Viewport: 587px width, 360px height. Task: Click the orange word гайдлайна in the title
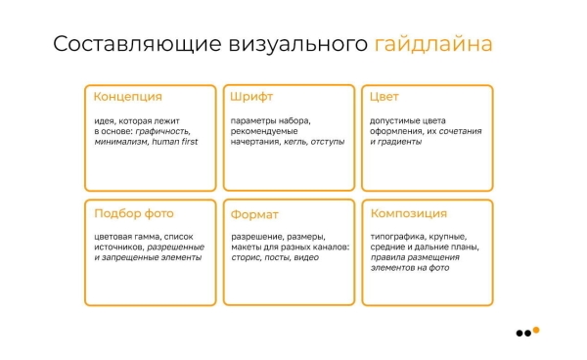coord(433,45)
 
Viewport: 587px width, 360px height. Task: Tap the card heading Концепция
coord(127,97)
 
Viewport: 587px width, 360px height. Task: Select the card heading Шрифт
coord(251,97)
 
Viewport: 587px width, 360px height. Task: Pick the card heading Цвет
coord(384,97)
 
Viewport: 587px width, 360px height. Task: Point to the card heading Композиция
coord(409,213)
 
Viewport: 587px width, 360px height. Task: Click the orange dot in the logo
coord(535,330)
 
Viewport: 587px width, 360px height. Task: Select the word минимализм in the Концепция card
coord(120,142)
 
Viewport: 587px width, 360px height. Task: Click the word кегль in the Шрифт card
coord(293,142)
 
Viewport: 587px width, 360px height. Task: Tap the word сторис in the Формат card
coord(248,258)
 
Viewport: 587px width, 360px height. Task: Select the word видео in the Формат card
coord(306,258)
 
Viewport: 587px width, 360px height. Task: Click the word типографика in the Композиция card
coord(401,237)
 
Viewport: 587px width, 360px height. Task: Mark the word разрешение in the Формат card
coord(257,237)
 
